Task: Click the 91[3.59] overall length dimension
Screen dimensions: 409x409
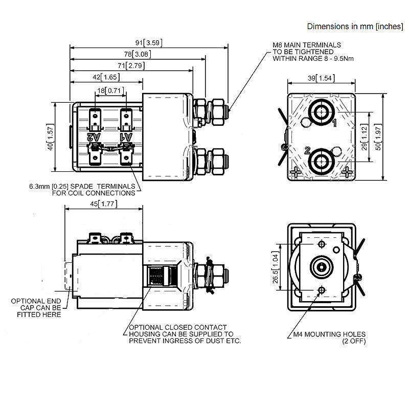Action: (148, 43)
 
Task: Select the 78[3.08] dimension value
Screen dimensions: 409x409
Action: (137, 54)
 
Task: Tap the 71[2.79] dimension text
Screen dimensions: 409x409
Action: (130, 66)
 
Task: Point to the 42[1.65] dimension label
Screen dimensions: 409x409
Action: (106, 78)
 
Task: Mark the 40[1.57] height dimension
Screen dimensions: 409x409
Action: (50, 137)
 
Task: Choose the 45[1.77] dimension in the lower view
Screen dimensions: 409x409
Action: (102, 204)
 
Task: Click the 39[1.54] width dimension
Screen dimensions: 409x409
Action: (321, 78)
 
